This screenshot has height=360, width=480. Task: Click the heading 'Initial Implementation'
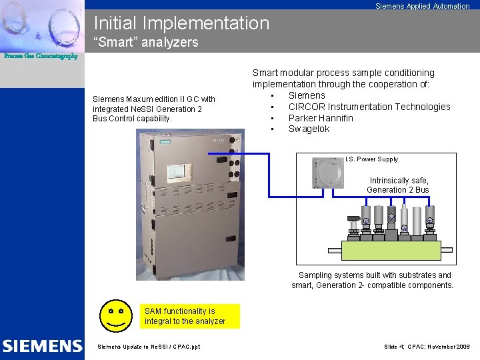[181, 23]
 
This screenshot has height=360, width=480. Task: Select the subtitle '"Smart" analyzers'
[146, 43]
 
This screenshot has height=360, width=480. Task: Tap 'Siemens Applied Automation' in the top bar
[422, 6]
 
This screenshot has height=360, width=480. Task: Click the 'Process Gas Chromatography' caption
[41, 56]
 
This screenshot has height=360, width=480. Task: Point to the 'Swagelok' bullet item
[309, 129]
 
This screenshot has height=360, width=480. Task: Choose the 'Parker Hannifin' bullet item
[321, 118]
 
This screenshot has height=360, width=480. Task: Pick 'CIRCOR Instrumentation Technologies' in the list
[369, 107]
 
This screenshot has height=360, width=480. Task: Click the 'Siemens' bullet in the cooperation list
[307, 95]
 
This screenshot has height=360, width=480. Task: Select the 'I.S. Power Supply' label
[371, 159]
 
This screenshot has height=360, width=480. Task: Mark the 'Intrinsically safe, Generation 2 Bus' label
[398, 185]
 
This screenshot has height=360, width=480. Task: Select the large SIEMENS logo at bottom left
[42, 346]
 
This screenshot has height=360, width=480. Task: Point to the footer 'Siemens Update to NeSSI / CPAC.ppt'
[149, 347]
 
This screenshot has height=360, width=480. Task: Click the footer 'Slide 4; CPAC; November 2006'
[427, 347]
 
